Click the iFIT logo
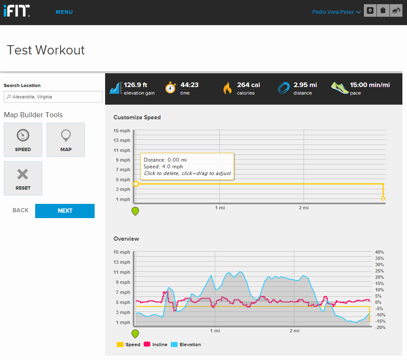(17, 11)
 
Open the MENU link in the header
(64, 12)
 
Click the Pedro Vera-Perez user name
(333, 12)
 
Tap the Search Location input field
(53, 97)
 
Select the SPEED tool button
(23, 140)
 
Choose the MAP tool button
(66, 140)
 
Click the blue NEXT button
(65, 211)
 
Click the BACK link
(21, 210)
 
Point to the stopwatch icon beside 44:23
(170, 88)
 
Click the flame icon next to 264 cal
(227, 88)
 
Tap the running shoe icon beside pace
(340, 87)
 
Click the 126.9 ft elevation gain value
(136, 85)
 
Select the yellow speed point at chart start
(136, 184)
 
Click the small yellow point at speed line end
(383, 198)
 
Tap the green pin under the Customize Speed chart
(135, 211)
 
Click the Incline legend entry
(155, 345)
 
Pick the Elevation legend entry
(186, 345)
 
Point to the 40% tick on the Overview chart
(379, 252)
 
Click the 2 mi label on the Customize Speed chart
(304, 208)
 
